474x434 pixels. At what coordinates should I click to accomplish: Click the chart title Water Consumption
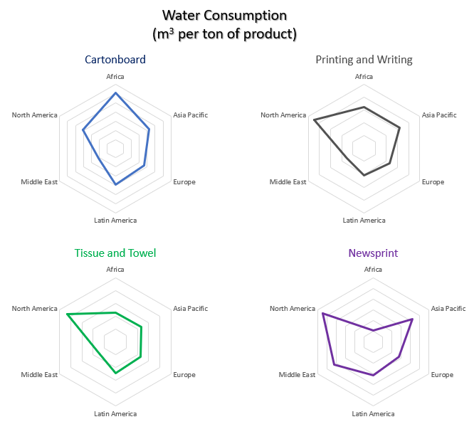(x=225, y=15)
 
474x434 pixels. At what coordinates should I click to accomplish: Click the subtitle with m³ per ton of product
(x=224, y=33)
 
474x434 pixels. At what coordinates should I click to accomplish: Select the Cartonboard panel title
(x=115, y=60)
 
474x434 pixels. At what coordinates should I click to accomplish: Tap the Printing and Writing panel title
(x=364, y=60)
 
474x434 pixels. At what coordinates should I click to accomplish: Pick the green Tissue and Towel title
(x=115, y=253)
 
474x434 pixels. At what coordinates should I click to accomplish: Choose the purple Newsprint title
(x=373, y=253)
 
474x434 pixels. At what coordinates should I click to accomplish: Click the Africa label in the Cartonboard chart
(x=115, y=76)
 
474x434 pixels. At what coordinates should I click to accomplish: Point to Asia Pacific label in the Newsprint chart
(x=448, y=309)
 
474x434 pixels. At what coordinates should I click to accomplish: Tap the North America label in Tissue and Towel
(x=34, y=309)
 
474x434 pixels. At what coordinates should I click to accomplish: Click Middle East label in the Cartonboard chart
(x=39, y=182)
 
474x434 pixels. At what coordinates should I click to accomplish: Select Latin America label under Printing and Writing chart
(x=364, y=221)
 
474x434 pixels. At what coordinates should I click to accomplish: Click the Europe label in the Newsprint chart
(x=442, y=375)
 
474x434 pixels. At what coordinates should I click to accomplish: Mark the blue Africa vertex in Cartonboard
(x=115, y=93)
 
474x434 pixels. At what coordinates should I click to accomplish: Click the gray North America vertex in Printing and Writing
(x=314, y=120)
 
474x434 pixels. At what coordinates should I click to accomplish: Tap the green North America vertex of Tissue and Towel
(x=66, y=314)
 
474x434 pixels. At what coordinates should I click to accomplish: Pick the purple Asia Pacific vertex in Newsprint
(x=413, y=319)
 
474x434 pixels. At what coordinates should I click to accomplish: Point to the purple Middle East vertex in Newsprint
(x=335, y=366)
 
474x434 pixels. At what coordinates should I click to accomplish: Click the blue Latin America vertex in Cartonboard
(x=115, y=185)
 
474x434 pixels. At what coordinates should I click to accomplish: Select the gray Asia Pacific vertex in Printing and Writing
(x=400, y=128)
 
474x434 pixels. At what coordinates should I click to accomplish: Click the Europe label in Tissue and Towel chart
(x=184, y=375)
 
